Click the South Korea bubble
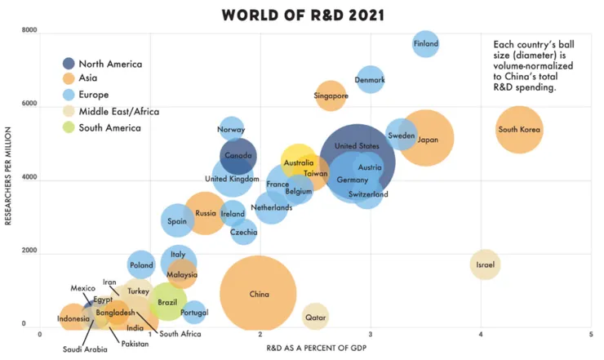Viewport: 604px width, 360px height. (x=519, y=130)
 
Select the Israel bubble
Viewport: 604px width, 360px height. (x=485, y=264)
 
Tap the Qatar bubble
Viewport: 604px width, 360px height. (x=315, y=316)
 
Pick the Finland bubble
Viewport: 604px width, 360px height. (x=426, y=44)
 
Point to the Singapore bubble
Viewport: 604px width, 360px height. (x=331, y=96)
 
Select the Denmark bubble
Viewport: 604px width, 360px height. (x=371, y=80)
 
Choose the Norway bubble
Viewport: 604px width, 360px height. (x=232, y=130)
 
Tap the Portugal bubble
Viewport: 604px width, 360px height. (x=194, y=312)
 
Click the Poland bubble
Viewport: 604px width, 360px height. (x=141, y=264)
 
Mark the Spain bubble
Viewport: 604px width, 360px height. (x=177, y=220)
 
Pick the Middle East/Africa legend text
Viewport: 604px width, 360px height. (x=119, y=111)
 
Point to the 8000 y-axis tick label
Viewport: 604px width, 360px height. (x=29, y=31)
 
